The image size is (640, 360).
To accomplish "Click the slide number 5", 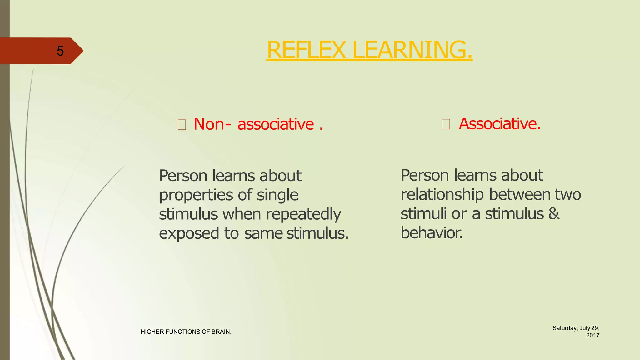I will pos(60,51).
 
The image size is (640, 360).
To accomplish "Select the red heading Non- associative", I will pos(258,124).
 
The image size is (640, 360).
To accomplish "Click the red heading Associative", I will pos(499,124).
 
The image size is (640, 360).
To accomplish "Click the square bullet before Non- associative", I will pos(182,125).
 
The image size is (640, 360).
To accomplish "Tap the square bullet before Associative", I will pos(446,124).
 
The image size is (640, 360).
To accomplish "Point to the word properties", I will pos(196,195).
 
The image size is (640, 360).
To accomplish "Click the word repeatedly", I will pos(303,214).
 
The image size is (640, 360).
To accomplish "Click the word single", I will pos(277,195).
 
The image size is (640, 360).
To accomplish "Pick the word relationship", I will pos(442,195).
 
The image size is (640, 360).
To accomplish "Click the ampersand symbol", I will pos(554,214).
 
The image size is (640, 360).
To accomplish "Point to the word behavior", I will pos(431,233).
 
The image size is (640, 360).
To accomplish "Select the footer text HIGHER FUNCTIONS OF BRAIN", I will pos(186,332).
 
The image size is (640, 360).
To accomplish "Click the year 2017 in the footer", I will pos(592,336).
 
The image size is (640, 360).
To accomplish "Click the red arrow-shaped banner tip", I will pos(78,51).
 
